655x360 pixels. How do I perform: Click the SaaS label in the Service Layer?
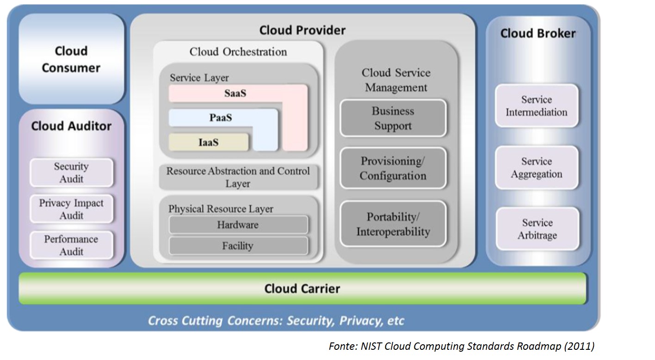235,93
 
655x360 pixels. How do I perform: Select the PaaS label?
221,118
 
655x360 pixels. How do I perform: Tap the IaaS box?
208,143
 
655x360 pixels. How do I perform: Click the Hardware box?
238,225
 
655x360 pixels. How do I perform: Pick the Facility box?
238,246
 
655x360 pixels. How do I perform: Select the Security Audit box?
71,173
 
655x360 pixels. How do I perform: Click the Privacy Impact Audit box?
71,209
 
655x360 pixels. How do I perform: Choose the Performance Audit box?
71,245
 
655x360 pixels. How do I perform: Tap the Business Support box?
393,118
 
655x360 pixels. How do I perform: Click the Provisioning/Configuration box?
393,168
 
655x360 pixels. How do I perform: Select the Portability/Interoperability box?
393,224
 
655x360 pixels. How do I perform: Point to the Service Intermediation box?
537,106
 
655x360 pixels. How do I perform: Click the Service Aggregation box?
537,168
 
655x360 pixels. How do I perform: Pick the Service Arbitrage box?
537,229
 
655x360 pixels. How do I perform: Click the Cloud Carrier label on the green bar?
302,289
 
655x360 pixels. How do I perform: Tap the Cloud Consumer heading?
71,59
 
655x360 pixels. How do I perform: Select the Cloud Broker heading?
538,33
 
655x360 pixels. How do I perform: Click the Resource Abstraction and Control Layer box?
238,177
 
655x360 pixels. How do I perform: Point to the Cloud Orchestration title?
238,52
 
